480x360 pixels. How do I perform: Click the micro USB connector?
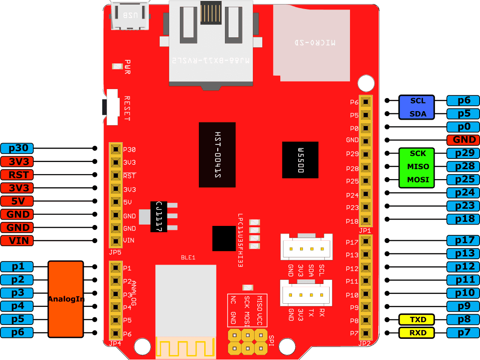pyautogui.click(x=130, y=17)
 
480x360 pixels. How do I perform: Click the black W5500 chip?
pyautogui.click(x=300, y=160)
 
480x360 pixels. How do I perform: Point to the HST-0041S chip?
pyautogui.click(x=217, y=154)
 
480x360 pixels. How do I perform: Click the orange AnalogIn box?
pyautogui.click(x=66, y=299)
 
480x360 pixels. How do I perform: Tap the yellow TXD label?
pyautogui.click(x=417, y=320)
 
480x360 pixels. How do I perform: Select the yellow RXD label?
pyautogui.click(x=417, y=333)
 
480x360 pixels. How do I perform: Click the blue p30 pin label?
pyautogui.click(x=17, y=148)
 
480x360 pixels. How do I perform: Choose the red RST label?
pyautogui.click(x=17, y=175)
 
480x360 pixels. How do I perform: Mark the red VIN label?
pyautogui.click(x=17, y=241)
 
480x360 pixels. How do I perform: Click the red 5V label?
pyautogui.click(x=17, y=201)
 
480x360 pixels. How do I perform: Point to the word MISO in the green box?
pyautogui.click(x=418, y=167)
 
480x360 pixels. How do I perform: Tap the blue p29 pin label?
pyautogui.click(x=463, y=153)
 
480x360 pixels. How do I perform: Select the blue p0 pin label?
pyautogui.click(x=463, y=127)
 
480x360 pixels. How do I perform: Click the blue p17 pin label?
pyautogui.click(x=463, y=240)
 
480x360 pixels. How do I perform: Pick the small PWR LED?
pyautogui.click(x=117, y=67)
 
